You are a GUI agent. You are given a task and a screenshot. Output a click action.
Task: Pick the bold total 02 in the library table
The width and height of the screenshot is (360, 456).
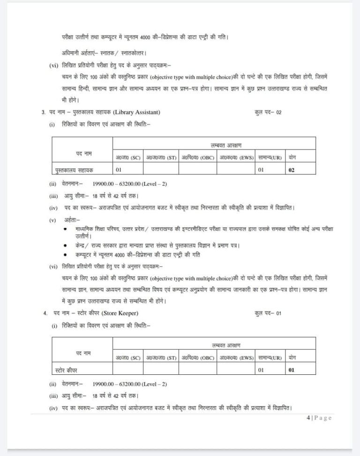click(292, 170)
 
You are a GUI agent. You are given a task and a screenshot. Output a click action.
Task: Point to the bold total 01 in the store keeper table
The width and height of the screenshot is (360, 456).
click(292, 370)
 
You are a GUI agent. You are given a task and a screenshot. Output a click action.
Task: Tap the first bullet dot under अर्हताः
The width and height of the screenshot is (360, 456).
click(65, 228)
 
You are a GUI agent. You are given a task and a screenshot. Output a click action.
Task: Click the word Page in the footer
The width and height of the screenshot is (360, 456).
click(323, 418)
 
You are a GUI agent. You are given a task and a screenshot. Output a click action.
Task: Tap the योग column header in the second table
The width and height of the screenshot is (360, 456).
click(292, 357)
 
